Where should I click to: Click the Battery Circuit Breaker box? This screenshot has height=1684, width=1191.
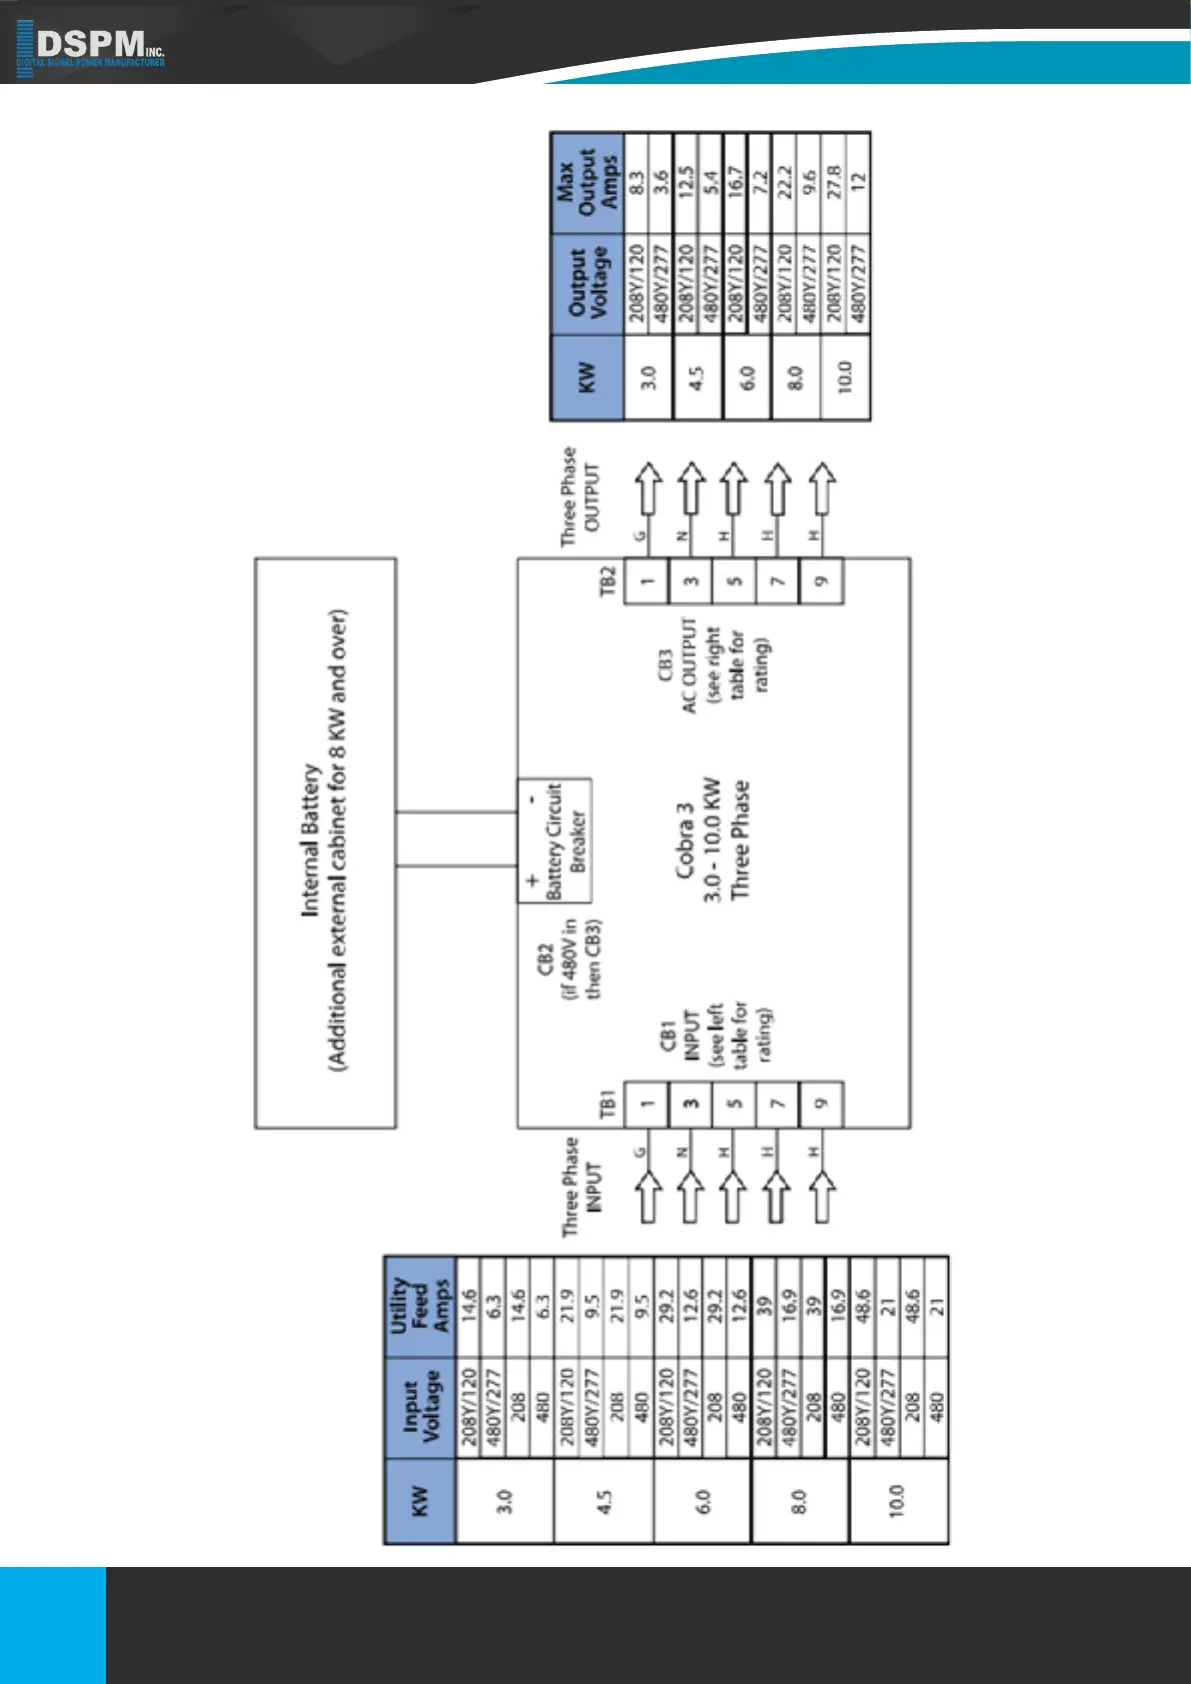pos(554,840)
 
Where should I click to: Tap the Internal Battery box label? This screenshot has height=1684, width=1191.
pos(324,842)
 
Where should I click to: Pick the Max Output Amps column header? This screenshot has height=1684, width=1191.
pos(587,184)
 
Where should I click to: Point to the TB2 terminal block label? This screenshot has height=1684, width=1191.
pos(608,581)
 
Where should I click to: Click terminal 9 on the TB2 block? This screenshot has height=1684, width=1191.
pos(821,581)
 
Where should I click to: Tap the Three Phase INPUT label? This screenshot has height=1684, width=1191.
pos(582,1187)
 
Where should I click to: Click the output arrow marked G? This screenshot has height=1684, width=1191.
pos(648,487)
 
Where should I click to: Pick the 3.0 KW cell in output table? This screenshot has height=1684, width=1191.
pos(648,378)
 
